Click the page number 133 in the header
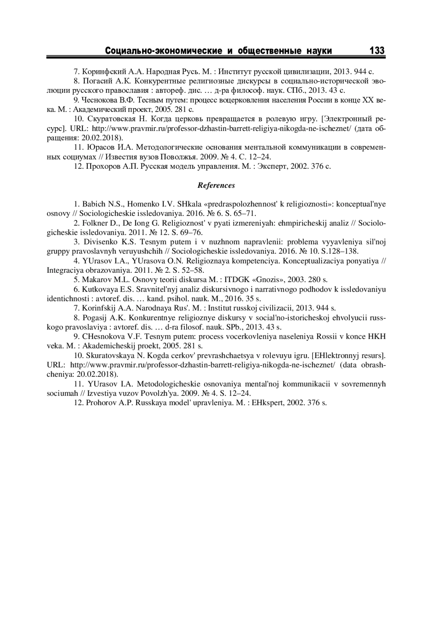pos(377,50)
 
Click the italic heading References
pos(216,185)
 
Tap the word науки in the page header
pos(319,51)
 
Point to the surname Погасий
pos(95,81)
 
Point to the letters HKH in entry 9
pos(376,337)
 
